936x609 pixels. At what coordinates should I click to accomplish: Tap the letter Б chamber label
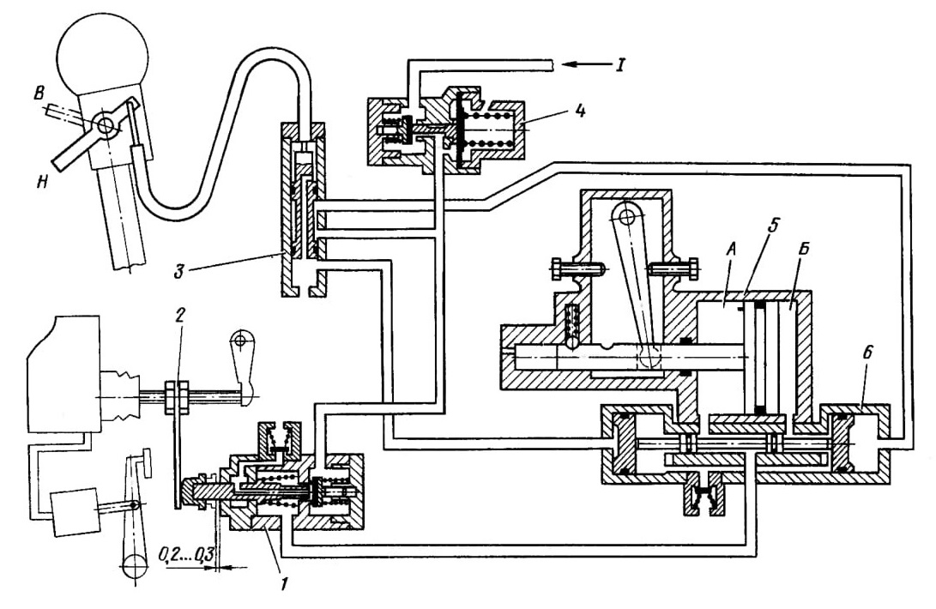[x=803, y=250]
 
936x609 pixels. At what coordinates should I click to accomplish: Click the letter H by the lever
[x=42, y=184]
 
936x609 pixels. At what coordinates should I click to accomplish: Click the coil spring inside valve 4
[x=491, y=129]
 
